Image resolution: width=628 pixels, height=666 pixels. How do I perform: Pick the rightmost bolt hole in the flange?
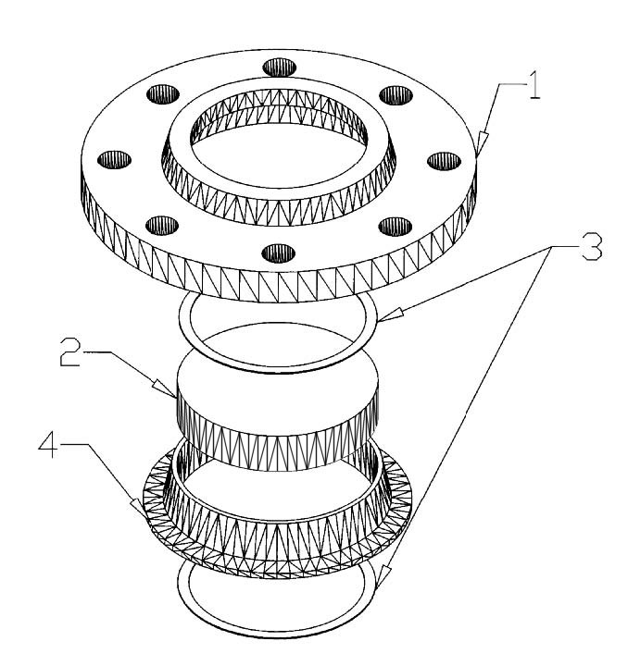pos(438,159)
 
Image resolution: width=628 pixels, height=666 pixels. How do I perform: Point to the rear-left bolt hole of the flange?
pos(162,95)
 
